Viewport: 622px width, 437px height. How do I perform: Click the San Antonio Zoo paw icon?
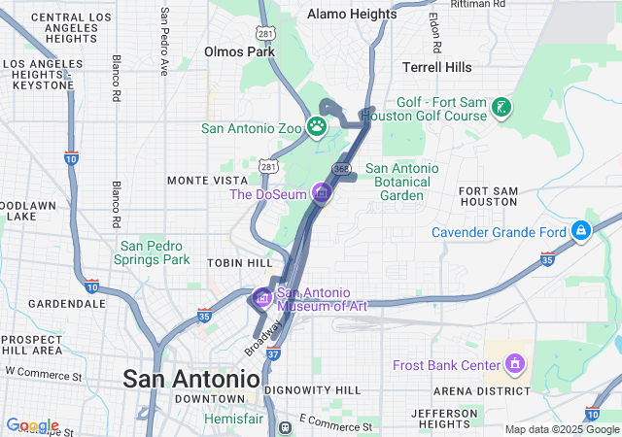pos(318,126)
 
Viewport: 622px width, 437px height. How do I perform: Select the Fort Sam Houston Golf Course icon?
pos(501,107)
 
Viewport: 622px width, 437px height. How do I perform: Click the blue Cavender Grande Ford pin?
pos(580,231)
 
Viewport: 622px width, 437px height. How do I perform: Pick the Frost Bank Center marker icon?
pos(515,364)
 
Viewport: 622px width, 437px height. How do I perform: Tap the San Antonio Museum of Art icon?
pos(261,297)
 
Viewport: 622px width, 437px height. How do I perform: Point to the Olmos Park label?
pos(238,50)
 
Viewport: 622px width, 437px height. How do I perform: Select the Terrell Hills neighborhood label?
pos(437,67)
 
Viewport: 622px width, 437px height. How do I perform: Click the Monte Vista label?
pos(201,181)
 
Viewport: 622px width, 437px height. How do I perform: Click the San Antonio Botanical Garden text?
pos(401,182)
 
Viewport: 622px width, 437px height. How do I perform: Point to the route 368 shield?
pos(340,169)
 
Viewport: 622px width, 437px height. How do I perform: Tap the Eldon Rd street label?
pos(434,33)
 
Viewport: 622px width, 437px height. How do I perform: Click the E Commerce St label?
pos(336,424)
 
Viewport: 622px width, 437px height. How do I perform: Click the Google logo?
pos(32,425)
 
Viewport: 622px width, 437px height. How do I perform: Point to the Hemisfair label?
pos(232,418)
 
